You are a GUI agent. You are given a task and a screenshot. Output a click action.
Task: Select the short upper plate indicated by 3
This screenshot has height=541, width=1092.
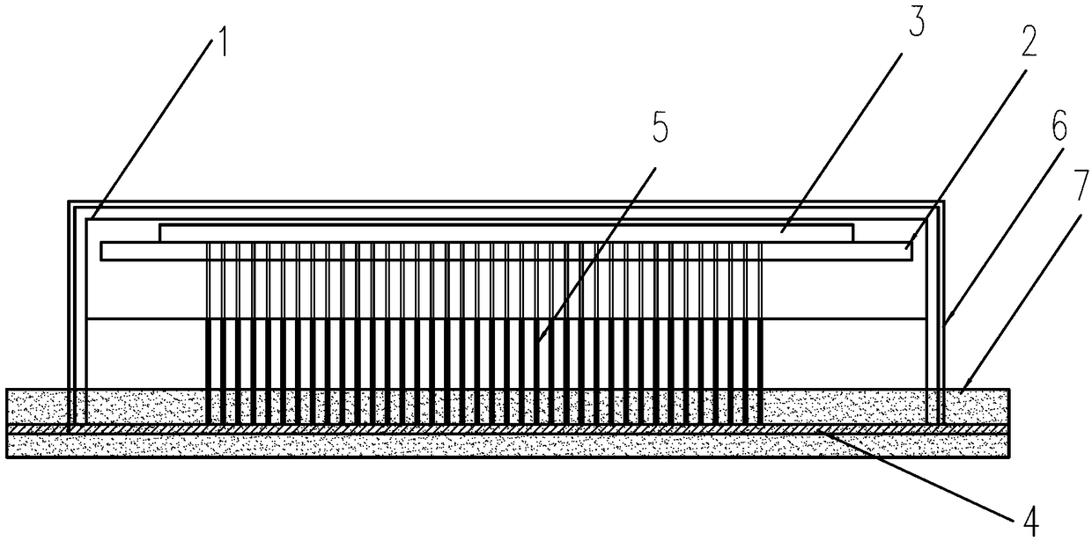506,231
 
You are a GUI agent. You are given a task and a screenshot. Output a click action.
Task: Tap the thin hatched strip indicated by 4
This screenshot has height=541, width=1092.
528,428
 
